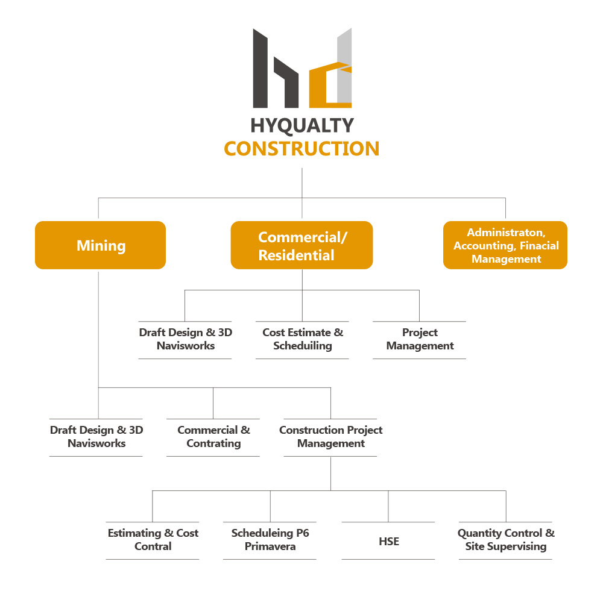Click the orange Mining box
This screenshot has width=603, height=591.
(x=100, y=245)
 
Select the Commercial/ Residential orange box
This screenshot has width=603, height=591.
(x=302, y=245)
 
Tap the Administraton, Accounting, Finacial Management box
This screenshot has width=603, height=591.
(x=505, y=245)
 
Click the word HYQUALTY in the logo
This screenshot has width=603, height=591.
(x=302, y=126)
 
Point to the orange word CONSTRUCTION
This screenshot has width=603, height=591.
(x=302, y=149)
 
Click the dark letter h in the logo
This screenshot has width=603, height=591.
(x=276, y=69)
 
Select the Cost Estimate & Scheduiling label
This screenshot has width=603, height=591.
(x=303, y=339)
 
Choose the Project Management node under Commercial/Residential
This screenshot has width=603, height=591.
(x=420, y=339)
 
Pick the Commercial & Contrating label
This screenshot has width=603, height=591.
(x=213, y=437)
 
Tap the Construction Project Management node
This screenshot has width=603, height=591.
(x=330, y=437)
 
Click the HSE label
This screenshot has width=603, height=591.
(x=389, y=542)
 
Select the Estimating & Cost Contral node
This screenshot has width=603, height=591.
(x=153, y=540)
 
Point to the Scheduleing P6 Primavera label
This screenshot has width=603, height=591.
(x=270, y=540)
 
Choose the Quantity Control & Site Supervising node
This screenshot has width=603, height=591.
(x=506, y=540)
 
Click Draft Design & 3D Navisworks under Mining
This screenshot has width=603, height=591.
(x=96, y=437)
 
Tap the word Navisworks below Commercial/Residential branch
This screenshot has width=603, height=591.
(x=186, y=346)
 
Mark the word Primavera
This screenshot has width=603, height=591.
(x=270, y=546)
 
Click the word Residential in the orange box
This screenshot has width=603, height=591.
(x=297, y=255)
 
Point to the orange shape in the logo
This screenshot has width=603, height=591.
(x=330, y=85)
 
